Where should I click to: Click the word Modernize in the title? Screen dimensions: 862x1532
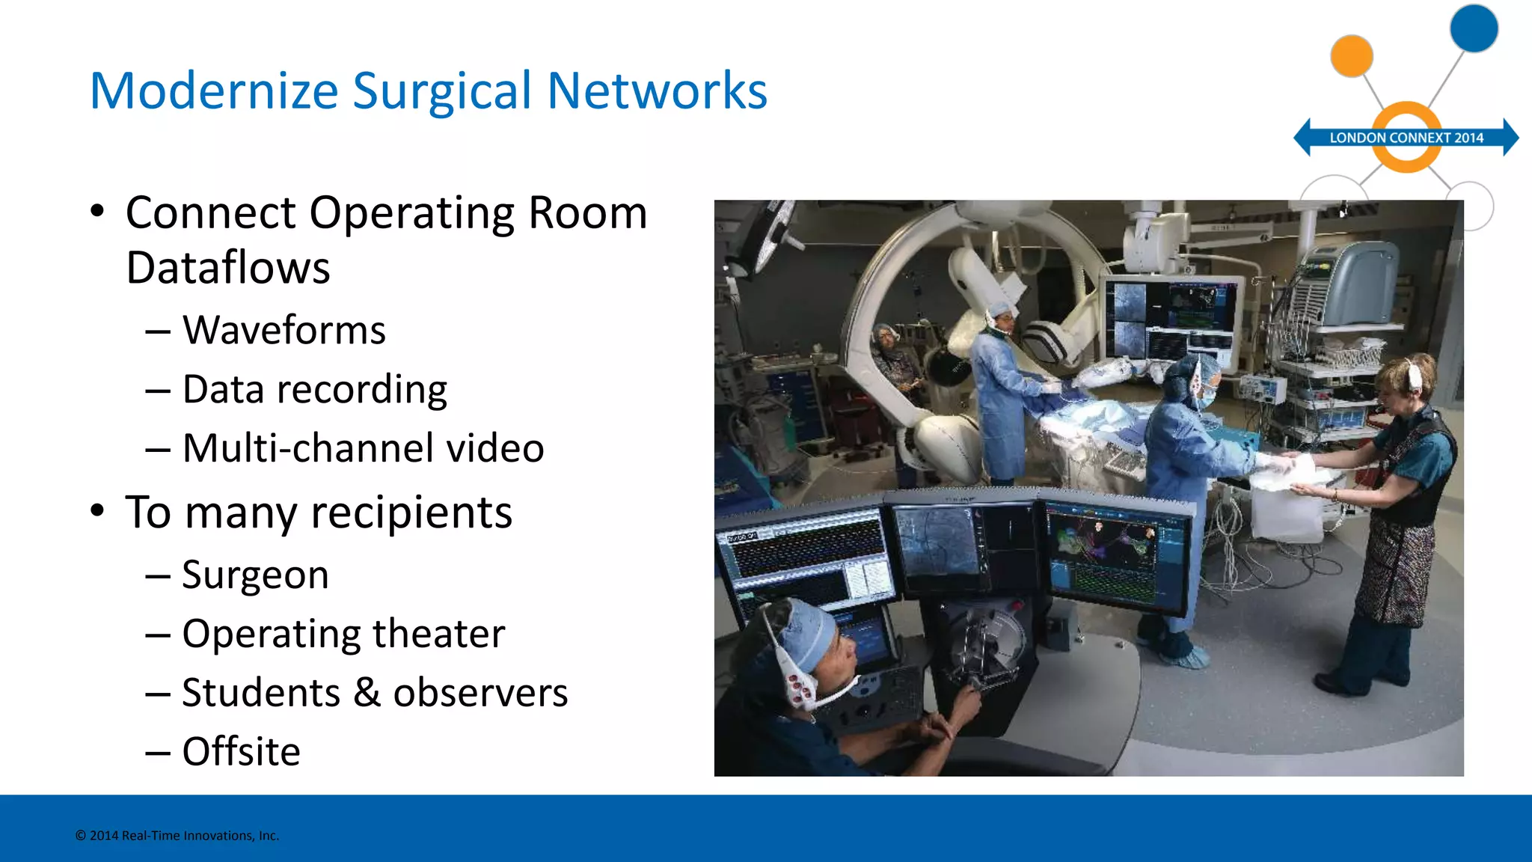pyautogui.click(x=214, y=91)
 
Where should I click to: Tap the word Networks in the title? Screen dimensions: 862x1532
pyautogui.click(x=657, y=91)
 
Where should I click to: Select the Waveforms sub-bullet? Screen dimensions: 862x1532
pyautogui.click(x=284, y=330)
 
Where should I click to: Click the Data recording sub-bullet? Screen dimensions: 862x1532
pyautogui.click(x=314, y=390)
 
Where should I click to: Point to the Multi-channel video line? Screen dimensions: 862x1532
pyautogui.click(x=363, y=448)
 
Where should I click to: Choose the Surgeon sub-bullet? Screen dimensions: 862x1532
pyautogui.click(x=255, y=575)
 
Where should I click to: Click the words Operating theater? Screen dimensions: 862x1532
pyautogui.click(x=343, y=634)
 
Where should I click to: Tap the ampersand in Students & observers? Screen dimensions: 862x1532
pyautogui.click(x=367, y=693)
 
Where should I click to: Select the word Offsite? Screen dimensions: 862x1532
pyautogui.click(x=241, y=751)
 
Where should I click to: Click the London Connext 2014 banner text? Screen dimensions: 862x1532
pyautogui.click(x=1406, y=138)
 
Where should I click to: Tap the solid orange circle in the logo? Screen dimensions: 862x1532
pyautogui.click(x=1352, y=55)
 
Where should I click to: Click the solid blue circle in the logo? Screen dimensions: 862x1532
pyautogui.click(x=1474, y=28)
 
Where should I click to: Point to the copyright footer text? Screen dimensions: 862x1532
pyautogui.click(x=177, y=836)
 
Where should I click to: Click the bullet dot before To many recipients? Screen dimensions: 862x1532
pyautogui.click(x=97, y=512)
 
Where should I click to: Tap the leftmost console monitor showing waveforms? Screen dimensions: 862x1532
pyautogui.click(x=806, y=557)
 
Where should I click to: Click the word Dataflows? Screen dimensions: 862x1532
pyautogui.click(x=228, y=268)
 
